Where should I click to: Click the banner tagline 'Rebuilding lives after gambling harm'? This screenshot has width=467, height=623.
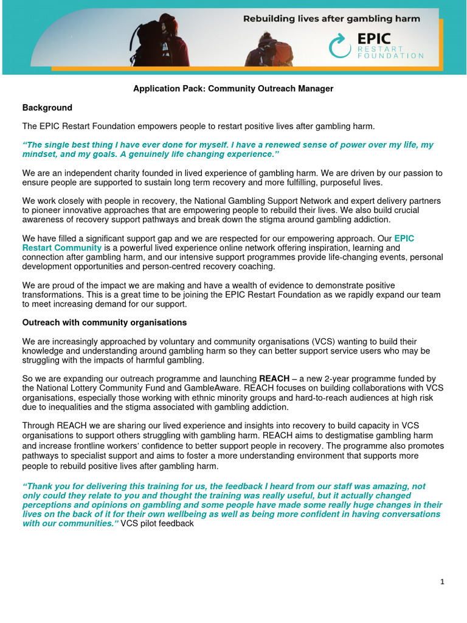[331, 19]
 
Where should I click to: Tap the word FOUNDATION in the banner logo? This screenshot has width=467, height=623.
[390, 55]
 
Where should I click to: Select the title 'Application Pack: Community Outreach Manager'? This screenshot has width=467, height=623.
[233, 89]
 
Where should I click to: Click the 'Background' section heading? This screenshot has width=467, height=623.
[47, 108]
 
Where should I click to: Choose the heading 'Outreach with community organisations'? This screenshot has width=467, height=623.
[105, 322]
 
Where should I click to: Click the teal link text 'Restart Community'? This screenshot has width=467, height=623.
[62, 248]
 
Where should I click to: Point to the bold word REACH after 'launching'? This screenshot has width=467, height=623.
[274, 378]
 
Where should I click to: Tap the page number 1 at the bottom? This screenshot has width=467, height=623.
[442, 582]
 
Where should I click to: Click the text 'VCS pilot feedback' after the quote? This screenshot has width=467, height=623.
[157, 523]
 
